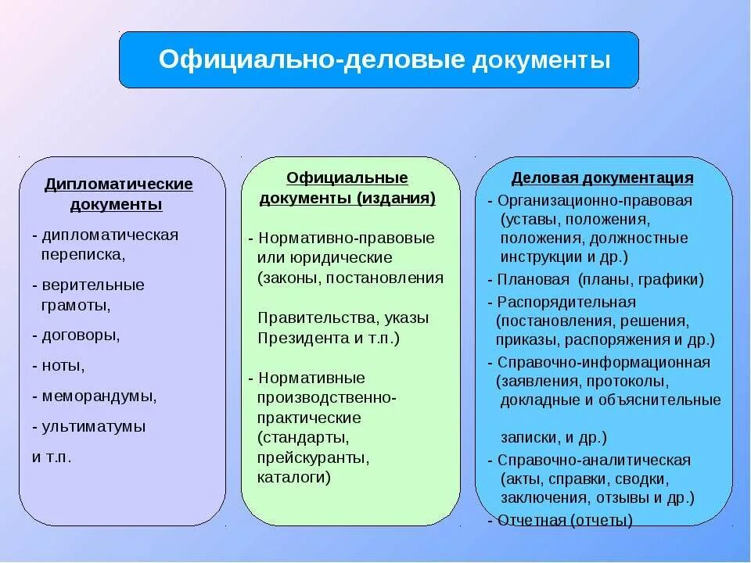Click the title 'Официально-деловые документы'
(384, 60)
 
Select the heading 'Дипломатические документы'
(118, 195)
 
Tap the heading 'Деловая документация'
(602, 178)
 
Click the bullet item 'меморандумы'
(98, 396)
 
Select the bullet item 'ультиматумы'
(93, 427)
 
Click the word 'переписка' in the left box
(82, 254)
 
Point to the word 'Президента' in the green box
(297, 338)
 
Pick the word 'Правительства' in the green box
(309, 318)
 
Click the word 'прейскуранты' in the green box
(313, 457)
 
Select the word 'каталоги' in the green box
(293, 476)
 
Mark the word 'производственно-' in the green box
(327, 397)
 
